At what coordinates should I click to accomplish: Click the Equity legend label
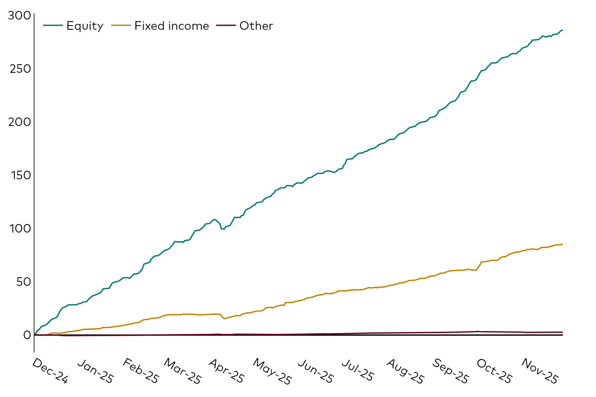point(85,26)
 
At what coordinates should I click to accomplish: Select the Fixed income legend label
point(172,26)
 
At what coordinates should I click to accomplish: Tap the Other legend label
point(256,26)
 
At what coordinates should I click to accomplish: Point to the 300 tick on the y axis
point(19,16)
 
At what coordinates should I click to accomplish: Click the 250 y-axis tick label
point(19,69)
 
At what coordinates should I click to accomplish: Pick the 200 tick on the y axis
point(19,122)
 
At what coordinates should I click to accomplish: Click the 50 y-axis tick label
point(23,282)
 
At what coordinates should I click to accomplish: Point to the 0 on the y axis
point(27,335)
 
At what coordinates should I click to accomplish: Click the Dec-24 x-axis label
point(50,371)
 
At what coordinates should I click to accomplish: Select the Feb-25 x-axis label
point(140,371)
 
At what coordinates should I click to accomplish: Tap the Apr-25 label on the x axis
point(226,371)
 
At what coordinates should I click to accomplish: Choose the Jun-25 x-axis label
point(315,371)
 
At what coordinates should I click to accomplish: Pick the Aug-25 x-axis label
point(405,371)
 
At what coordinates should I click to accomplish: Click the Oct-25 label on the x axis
point(494,371)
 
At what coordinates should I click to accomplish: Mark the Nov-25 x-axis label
point(539,371)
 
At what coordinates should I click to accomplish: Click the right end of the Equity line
point(563,30)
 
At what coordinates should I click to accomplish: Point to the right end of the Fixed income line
point(563,244)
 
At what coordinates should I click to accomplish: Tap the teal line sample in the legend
point(53,25)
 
